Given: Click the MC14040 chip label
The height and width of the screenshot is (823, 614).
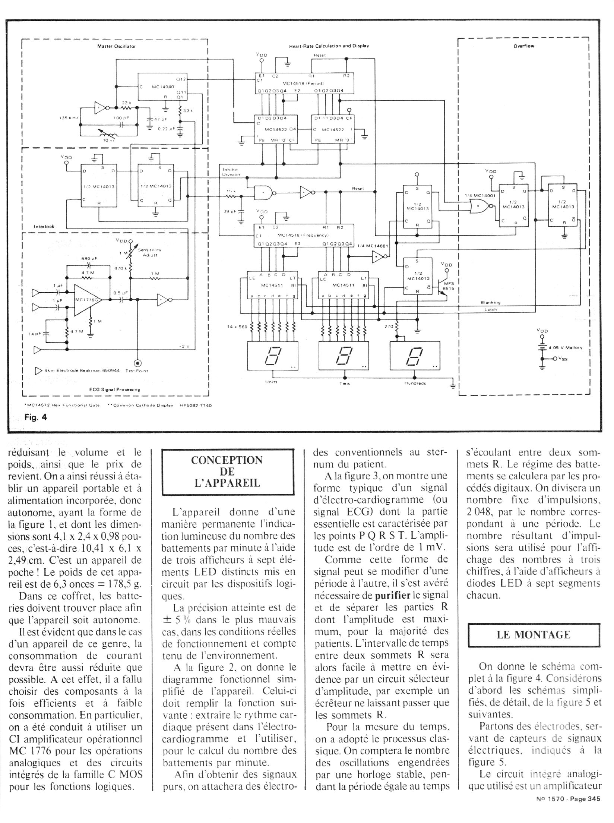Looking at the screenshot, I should click(161, 86).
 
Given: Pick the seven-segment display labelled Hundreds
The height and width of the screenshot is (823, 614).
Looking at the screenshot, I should click(414, 356).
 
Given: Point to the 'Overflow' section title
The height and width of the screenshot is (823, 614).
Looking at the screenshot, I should click(523, 47).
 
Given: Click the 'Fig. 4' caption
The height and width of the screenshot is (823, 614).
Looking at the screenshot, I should click(36, 417).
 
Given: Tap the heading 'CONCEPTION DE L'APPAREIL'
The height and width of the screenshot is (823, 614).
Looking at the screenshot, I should click(227, 472).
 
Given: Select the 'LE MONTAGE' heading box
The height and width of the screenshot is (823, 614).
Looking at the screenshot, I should click(534, 635).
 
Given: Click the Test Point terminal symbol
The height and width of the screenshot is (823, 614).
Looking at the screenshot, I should click(138, 363).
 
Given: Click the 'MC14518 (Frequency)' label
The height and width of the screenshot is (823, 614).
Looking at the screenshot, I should click(303, 235).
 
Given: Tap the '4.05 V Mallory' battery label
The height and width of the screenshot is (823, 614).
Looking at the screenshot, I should click(565, 347).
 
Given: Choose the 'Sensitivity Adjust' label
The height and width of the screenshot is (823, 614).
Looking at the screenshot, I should click(150, 252).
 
